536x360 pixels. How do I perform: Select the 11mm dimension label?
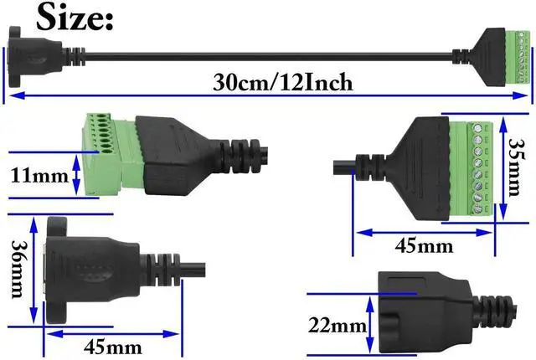(37, 177)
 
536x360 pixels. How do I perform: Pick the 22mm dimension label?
(337, 324)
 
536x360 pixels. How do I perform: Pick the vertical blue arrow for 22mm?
(372, 323)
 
